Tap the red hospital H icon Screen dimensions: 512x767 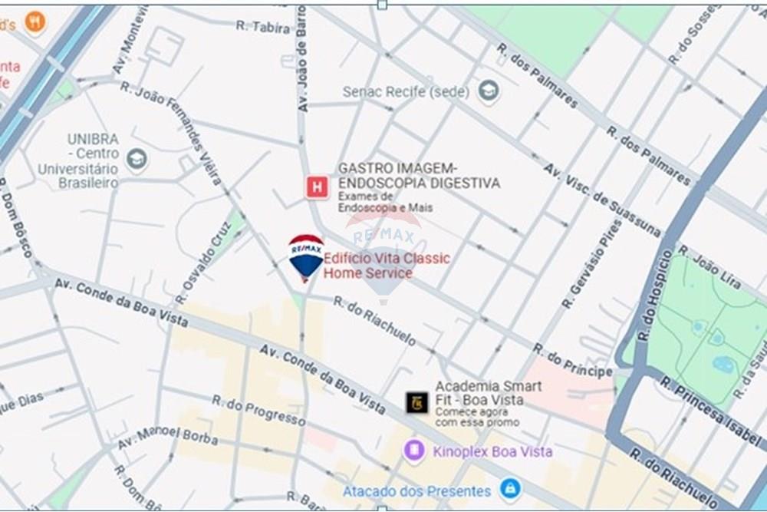coord(316,187)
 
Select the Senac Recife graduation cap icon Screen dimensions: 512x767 coord(488,91)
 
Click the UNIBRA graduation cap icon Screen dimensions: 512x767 coord(137,160)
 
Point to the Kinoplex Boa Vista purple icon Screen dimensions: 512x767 coord(414,451)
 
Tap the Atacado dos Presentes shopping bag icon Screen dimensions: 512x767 coord(509,488)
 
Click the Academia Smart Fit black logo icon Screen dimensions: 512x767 coord(417,402)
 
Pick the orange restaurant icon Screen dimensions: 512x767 coord(35,21)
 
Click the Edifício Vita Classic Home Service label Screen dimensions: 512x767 coord(387,266)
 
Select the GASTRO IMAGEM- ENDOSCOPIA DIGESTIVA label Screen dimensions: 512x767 coord(419,176)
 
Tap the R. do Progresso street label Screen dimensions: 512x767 coord(258,410)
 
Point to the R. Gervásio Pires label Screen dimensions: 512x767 coord(591,264)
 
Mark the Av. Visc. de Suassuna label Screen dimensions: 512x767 coord(602,200)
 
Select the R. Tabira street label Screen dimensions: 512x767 coord(263,26)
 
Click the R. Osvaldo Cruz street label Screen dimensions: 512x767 coord(202,262)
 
